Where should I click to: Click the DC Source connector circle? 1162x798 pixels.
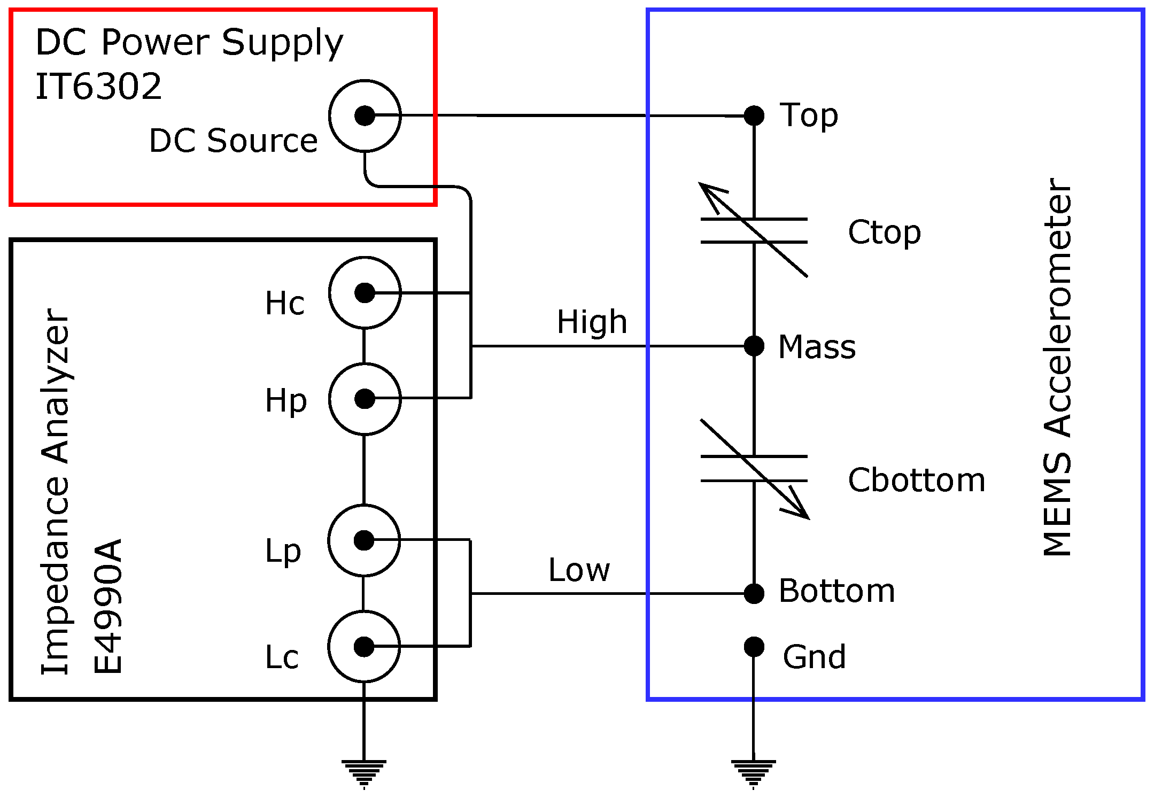point(365,115)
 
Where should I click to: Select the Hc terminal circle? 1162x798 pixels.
point(365,293)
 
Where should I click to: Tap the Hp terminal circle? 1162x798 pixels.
point(365,399)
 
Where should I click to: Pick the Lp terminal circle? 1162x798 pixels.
point(364,540)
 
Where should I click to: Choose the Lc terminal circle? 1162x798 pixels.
point(364,647)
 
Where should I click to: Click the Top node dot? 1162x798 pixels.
point(754,115)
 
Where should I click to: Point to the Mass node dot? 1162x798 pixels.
point(754,346)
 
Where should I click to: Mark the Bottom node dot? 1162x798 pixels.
point(754,593)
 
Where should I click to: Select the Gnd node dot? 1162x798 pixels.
point(754,647)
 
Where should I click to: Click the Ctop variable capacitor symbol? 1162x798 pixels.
point(754,231)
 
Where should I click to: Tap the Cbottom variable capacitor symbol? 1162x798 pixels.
point(754,469)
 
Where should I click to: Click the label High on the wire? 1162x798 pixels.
point(592,322)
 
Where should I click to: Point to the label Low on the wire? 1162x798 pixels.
point(579,570)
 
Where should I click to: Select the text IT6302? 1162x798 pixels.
point(98,87)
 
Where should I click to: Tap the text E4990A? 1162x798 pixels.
point(108,607)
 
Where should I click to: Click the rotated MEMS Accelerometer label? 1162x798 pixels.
point(1057,367)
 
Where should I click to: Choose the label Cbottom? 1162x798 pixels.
point(916,480)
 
